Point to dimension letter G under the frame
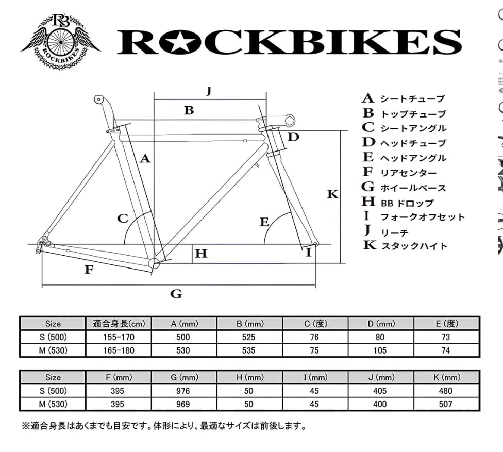click(x=176, y=294)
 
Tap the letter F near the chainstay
click(x=89, y=269)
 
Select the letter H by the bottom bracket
click(x=201, y=254)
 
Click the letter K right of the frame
click(x=333, y=194)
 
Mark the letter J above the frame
click(x=209, y=91)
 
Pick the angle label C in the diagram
click(x=122, y=219)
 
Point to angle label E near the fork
click(x=264, y=222)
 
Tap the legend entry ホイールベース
click(x=413, y=188)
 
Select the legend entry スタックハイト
click(x=414, y=246)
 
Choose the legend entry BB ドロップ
click(x=407, y=203)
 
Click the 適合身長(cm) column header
click(x=119, y=324)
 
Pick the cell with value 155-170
click(x=119, y=337)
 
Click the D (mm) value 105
click(x=380, y=350)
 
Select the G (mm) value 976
click(x=183, y=391)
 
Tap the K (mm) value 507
click(x=445, y=404)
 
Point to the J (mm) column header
click(x=380, y=378)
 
